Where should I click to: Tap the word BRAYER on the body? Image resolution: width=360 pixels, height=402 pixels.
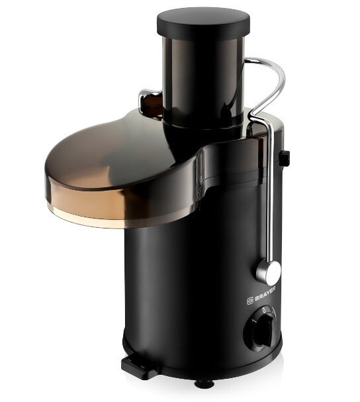(265, 294)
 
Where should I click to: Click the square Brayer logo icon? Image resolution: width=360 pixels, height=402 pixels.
(250, 301)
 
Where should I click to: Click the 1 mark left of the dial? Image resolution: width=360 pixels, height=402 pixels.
(254, 321)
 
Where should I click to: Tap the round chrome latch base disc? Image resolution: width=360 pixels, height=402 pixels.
(269, 273)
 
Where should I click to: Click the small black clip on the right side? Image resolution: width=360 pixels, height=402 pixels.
(285, 157)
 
